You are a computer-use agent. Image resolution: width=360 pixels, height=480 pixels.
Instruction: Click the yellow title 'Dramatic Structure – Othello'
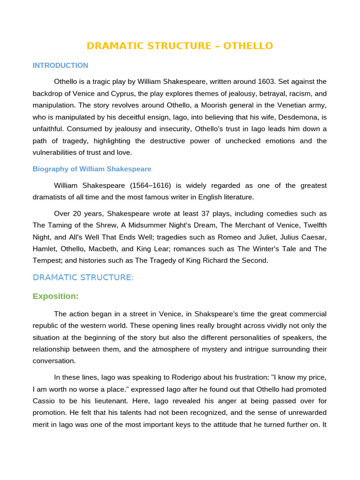180,46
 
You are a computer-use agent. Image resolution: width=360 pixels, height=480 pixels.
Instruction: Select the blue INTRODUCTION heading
60,66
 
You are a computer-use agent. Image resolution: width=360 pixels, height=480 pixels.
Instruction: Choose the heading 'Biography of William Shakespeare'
92,169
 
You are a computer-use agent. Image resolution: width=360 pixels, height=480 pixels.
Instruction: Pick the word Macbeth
106,249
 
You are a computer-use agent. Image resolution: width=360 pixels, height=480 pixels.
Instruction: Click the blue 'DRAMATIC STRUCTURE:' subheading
83,277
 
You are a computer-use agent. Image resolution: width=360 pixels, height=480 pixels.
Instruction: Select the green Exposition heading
55,296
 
